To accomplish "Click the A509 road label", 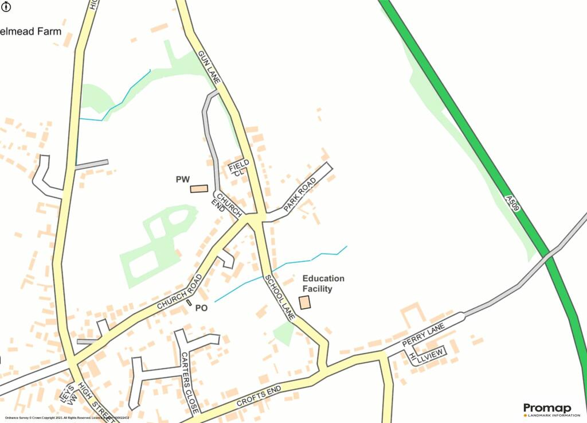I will click(x=512, y=203).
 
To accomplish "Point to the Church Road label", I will click(x=179, y=293).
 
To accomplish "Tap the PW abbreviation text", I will click(x=182, y=180).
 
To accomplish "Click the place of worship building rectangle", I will click(x=199, y=188).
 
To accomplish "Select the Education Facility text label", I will click(x=323, y=284).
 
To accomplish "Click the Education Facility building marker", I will click(x=304, y=302).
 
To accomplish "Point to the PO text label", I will click(x=201, y=308).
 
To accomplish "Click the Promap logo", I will click(x=547, y=410).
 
